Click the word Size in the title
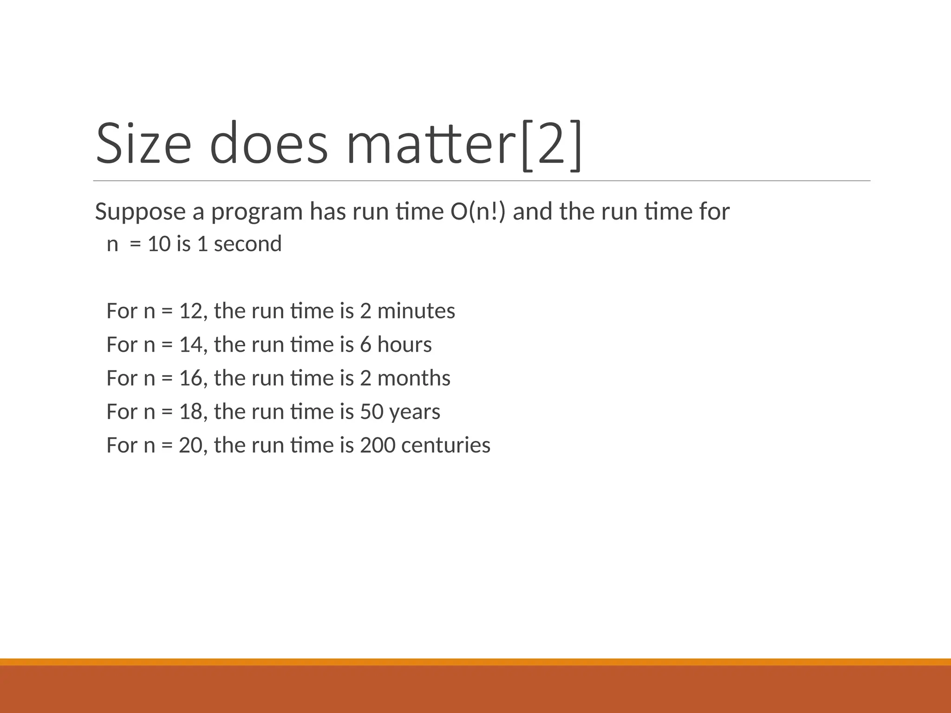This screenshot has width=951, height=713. coord(143,143)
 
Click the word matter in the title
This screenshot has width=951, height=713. coord(432,143)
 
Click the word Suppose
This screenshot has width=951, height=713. coord(140,212)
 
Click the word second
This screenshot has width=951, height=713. coord(248,244)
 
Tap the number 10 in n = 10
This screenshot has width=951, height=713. coord(159,244)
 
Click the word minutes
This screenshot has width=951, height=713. coord(416,311)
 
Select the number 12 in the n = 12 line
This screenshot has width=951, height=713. coord(190,311)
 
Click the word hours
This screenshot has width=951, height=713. coord(404,345)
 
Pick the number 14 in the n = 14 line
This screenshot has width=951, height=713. coord(190,345)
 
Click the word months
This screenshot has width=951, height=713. coord(414,378)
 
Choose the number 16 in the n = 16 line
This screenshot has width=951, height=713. coord(190,378)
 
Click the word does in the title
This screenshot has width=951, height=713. coord(268,143)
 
